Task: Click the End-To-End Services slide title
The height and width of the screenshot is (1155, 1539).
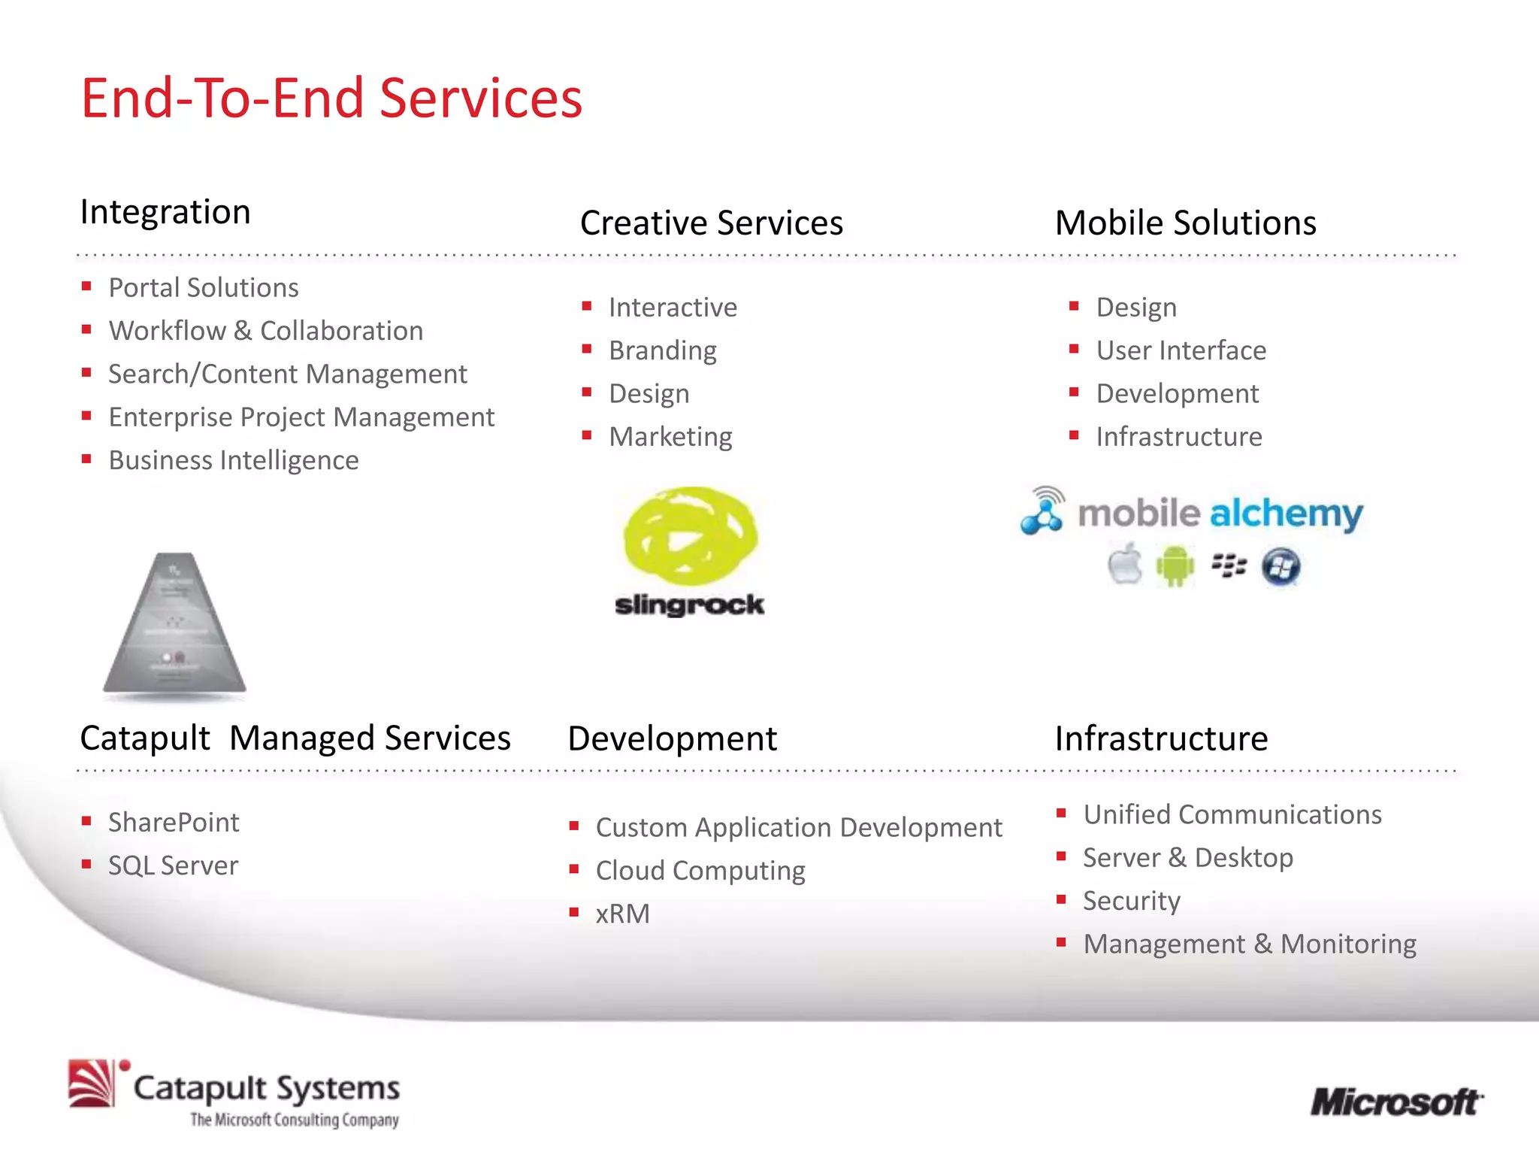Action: click(331, 99)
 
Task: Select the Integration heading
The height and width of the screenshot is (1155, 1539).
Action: click(165, 212)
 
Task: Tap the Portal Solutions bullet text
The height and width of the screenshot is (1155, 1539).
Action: click(204, 288)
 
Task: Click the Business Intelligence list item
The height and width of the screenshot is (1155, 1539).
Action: click(234, 460)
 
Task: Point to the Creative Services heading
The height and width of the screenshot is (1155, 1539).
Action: click(711, 223)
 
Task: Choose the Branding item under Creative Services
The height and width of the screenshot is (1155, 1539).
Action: click(662, 350)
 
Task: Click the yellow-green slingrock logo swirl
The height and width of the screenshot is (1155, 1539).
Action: click(690, 535)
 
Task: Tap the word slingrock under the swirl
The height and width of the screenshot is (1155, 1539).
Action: click(689, 605)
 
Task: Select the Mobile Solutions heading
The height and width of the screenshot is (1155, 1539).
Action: click(1185, 223)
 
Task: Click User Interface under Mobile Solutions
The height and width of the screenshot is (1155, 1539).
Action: click(1181, 350)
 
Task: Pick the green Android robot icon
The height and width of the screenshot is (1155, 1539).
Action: click(1175, 566)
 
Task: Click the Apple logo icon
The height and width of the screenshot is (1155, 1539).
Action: click(1125, 565)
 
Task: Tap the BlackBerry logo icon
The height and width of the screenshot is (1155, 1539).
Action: click(1229, 565)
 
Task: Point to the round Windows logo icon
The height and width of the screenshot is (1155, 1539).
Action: click(1280, 567)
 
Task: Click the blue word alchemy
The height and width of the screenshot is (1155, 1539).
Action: click(1285, 514)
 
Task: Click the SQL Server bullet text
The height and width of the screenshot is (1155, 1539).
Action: click(173, 865)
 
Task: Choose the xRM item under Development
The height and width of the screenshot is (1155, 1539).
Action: click(622, 914)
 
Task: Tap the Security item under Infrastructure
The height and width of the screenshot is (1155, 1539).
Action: click(1131, 901)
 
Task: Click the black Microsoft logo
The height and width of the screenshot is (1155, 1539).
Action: click(1396, 1103)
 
